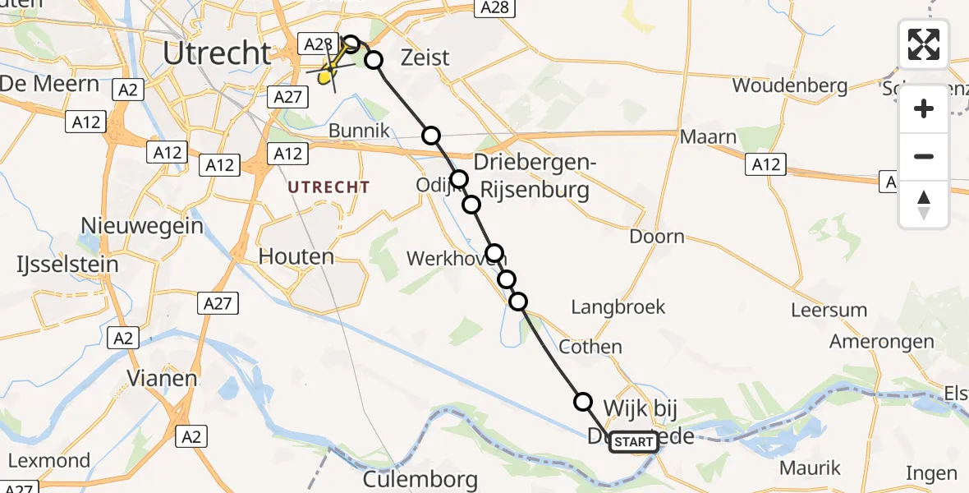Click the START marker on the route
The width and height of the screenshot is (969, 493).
(633, 442)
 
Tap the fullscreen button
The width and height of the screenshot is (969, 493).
(924, 44)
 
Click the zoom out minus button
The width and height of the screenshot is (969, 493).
(924, 156)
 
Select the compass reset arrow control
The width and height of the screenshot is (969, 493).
(924, 205)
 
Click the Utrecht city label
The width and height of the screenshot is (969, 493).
(217, 53)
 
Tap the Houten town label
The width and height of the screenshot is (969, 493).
(296, 256)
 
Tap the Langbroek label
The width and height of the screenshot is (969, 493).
(618, 307)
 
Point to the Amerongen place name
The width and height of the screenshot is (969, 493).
(879, 340)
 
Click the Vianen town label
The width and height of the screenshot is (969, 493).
(162, 379)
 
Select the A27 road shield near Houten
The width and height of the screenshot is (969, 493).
(218, 304)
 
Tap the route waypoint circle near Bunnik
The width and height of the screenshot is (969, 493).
(431, 136)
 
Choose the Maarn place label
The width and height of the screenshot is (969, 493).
(708, 137)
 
